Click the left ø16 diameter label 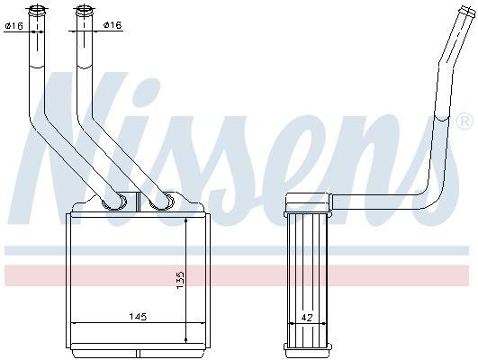(14, 25)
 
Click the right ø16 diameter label (111, 25)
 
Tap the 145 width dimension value (136, 317)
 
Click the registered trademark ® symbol (464, 120)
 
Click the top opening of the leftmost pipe (37, 11)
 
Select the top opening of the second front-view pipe (84, 11)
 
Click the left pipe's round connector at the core (114, 202)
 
